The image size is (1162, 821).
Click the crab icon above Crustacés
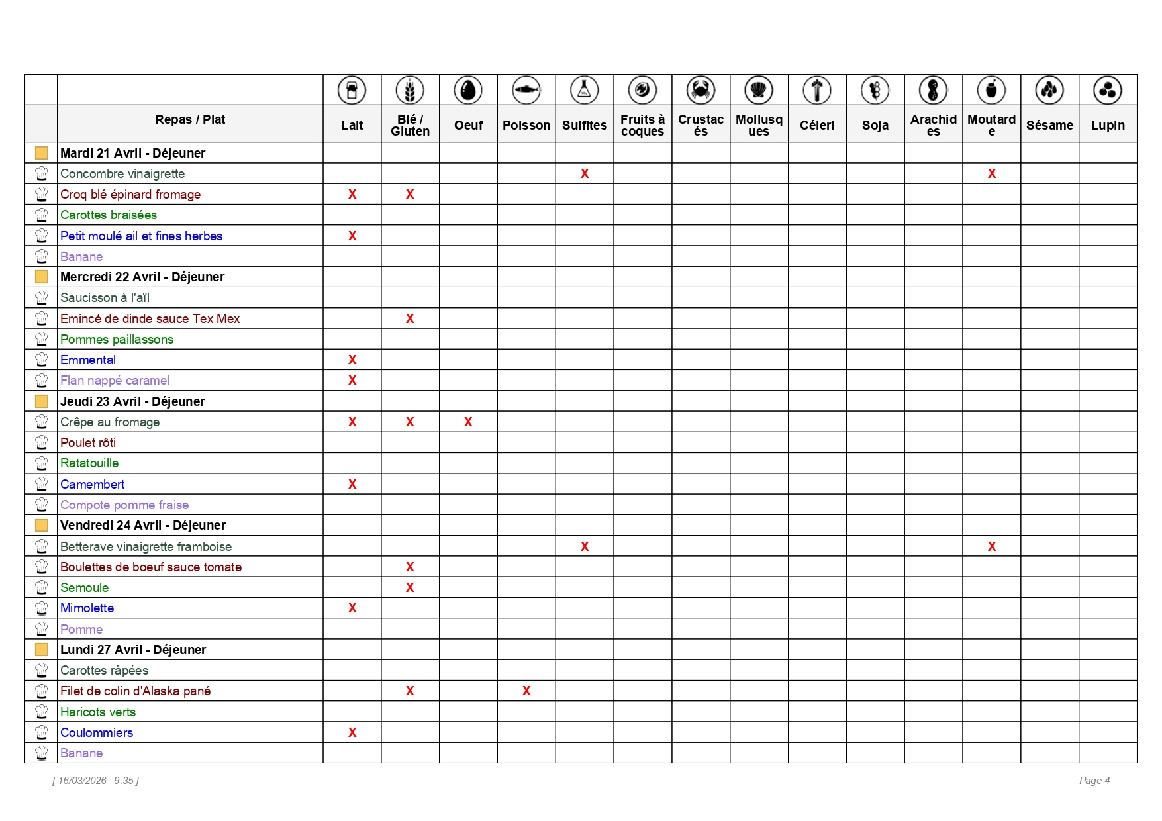[x=701, y=90]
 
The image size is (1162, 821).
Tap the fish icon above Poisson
[x=526, y=90]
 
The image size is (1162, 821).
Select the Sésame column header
[x=1049, y=125]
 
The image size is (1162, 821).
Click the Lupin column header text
[x=1108, y=125]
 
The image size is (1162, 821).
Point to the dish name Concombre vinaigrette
[x=122, y=174]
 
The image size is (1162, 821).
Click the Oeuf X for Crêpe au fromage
[x=468, y=422]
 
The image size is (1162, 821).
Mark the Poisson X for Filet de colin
[x=526, y=691]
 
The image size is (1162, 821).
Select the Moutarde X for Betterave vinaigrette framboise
[x=991, y=546]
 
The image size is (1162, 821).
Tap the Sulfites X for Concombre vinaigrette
[x=585, y=173]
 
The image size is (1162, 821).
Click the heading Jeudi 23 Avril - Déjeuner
[x=132, y=401]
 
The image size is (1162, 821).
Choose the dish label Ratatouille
[x=89, y=463]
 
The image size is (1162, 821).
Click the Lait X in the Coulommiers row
[x=352, y=732]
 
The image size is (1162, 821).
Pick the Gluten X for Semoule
[x=410, y=587]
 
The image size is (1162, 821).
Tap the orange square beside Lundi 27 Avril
[x=41, y=650]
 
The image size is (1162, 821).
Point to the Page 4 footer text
[x=1094, y=781]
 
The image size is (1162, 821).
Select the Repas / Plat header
[x=190, y=120]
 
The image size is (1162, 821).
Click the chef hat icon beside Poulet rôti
[x=41, y=442]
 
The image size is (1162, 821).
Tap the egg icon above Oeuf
[x=468, y=90]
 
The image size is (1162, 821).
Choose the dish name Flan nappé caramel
[x=115, y=381]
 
